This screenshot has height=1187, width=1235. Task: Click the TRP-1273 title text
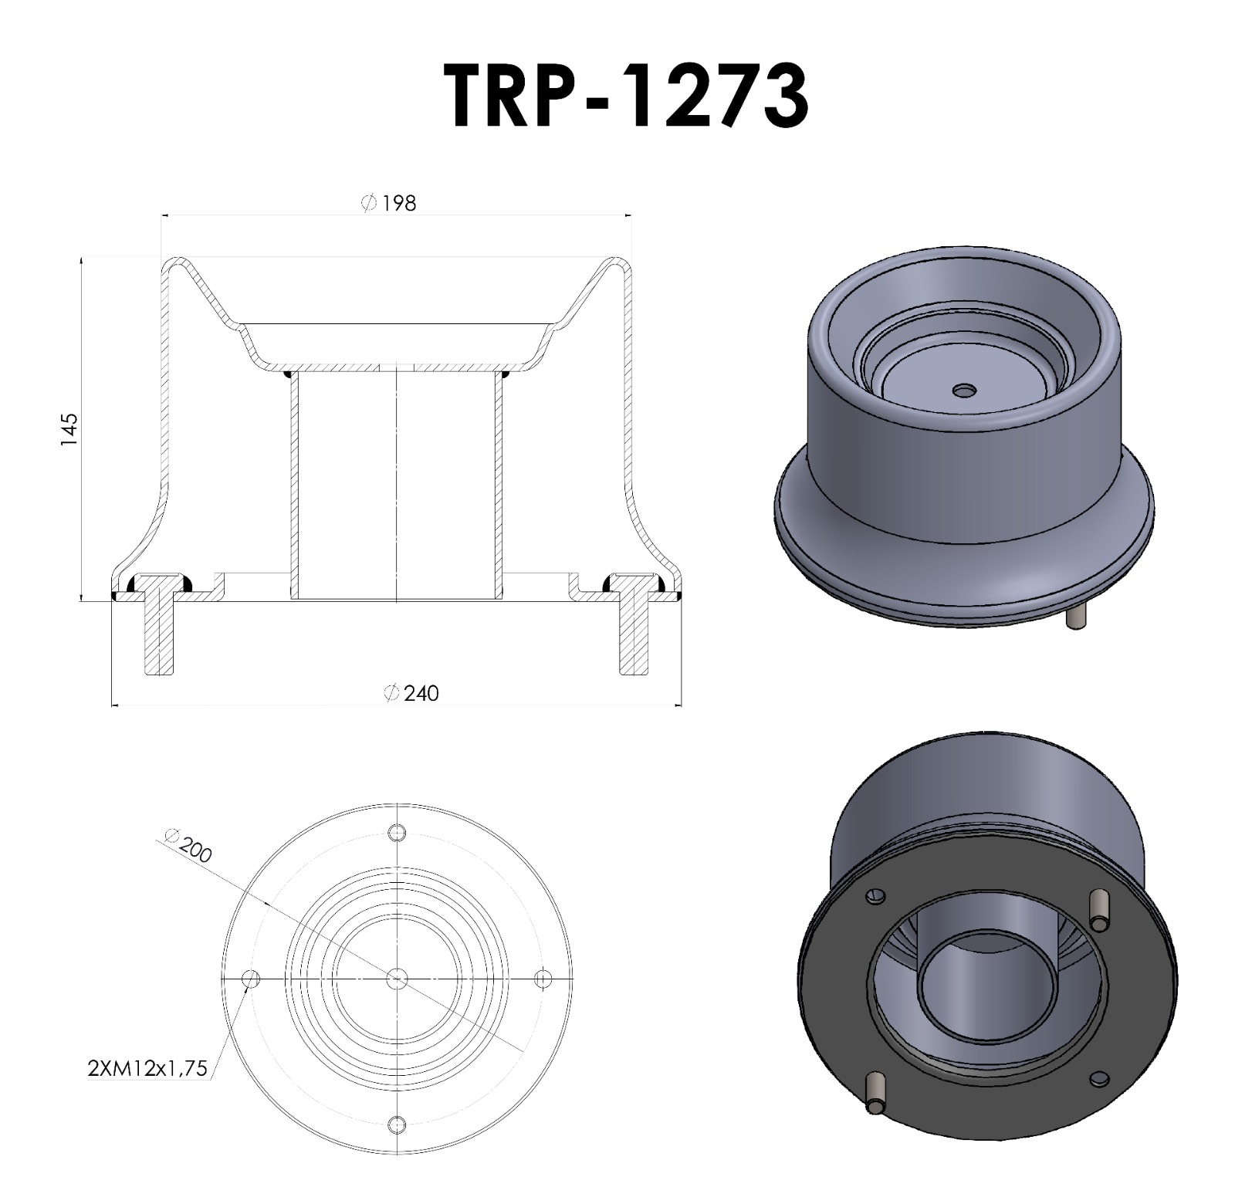pos(627,96)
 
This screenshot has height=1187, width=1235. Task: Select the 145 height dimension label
pos(69,429)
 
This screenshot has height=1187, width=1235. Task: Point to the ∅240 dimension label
pos(411,693)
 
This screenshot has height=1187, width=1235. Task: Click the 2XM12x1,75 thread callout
pos(147,1069)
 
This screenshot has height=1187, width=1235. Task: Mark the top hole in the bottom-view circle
pos(397,834)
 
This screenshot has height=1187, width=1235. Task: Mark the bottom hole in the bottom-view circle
pos(397,1124)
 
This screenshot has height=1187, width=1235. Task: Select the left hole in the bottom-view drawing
pos(251,979)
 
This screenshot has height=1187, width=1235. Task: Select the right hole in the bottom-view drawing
pos(543,979)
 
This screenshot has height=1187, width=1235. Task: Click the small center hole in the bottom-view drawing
pos(397,979)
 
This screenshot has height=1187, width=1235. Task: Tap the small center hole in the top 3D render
pos(963,391)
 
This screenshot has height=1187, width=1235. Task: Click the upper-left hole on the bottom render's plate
pos(874,895)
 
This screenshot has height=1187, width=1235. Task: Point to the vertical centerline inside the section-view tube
pos(396,486)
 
